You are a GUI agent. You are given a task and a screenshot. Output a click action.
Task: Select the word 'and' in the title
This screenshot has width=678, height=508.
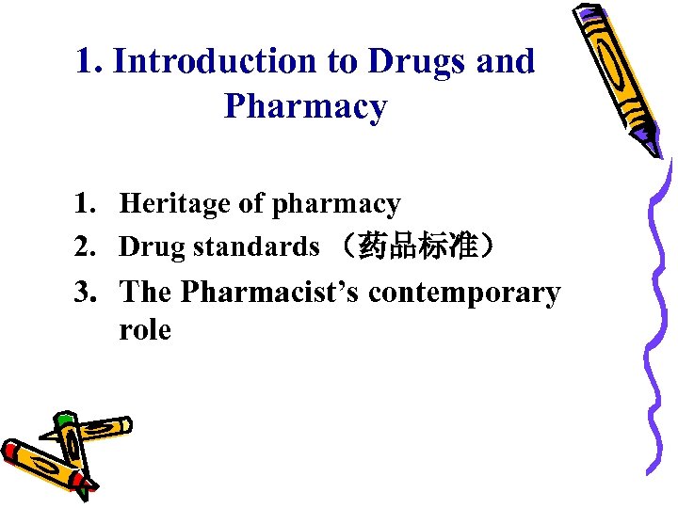[x=506, y=62]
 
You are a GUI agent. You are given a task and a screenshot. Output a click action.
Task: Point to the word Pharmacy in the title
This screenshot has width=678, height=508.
[x=305, y=107]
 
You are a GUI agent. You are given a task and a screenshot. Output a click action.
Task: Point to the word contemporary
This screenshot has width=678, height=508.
[x=464, y=294]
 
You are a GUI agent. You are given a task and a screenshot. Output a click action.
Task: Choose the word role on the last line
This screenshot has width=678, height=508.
[x=145, y=330]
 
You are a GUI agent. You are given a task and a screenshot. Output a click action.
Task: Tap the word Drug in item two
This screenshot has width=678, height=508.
[x=153, y=247]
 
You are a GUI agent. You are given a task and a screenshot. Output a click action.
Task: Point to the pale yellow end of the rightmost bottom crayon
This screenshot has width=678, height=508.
[x=125, y=424]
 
